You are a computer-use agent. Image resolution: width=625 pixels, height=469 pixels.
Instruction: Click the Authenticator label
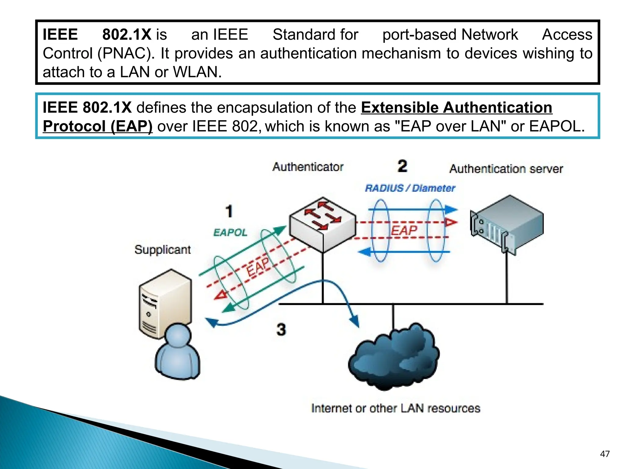pyautogui.click(x=308, y=167)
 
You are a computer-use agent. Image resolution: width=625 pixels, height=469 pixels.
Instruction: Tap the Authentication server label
pyautogui.click(x=506, y=169)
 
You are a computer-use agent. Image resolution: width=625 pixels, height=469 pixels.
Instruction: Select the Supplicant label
pyautogui.click(x=162, y=250)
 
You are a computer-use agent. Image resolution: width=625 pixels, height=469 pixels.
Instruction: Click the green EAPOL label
pyautogui.click(x=230, y=233)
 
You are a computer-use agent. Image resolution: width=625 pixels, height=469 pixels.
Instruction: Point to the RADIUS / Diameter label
pyautogui.click(x=410, y=188)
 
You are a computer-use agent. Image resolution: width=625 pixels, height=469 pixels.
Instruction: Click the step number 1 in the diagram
pyautogui.click(x=229, y=211)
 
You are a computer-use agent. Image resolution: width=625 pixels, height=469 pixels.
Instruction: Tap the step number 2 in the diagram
pyautogui.click(x=403, y=166)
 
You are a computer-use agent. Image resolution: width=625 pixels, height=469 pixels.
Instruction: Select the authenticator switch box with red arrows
pyautogui.click(x=323, y=224)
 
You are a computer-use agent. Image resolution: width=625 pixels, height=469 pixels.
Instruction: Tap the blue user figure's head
pyautogui.click(x=178, y=335)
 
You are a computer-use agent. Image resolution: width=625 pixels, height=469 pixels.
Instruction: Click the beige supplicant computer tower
pyautogui.click(x=165, y=302)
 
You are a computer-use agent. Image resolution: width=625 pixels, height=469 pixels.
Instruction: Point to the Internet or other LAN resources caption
pyautogui.click(x=396, y=408)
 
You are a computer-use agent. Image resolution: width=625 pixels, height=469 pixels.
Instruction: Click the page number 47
pyautogui.click(x=605, y=454)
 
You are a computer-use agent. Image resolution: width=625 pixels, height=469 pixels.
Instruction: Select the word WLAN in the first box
pyautogui.click(x=197, y=72)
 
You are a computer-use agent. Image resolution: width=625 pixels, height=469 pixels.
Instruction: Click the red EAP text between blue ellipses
pyautogui.click(x=404, y=230)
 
